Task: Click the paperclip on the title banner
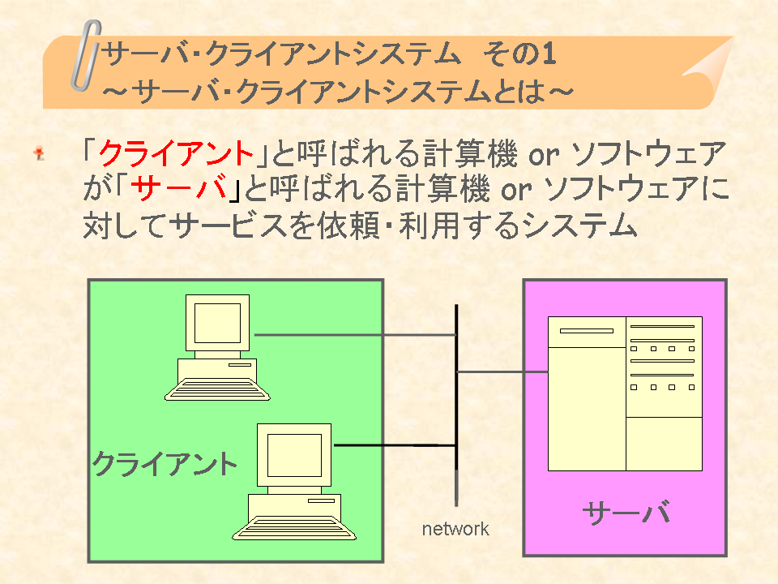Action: click(x=85, y=56)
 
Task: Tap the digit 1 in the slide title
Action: click(x=549, y=54)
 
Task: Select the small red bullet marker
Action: click(x=39, y=153)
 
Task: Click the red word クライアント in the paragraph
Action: click(x=176, y=153)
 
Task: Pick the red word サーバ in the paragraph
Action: click(x=178, y=189)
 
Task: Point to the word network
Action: click(x=455, y=529)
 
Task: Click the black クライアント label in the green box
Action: click(x=165, y=464)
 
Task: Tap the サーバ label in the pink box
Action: click(x=626, y=512)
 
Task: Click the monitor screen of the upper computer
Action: click(x=217, y=324)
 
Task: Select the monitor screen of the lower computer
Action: click(x=294, y=455)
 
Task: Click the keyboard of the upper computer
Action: click(x=217, y=389)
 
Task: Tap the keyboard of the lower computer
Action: click(x=294, y=528)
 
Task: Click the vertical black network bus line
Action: click(x=456, y=405)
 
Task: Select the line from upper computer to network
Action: click(x=355, y=335)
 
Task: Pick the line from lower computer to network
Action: click(x=395, y=445)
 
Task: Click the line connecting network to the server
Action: click(x=502, y=371)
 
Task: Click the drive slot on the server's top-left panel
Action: click(x=587, y=331)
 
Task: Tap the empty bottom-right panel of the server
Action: click(x=664, y=444)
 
